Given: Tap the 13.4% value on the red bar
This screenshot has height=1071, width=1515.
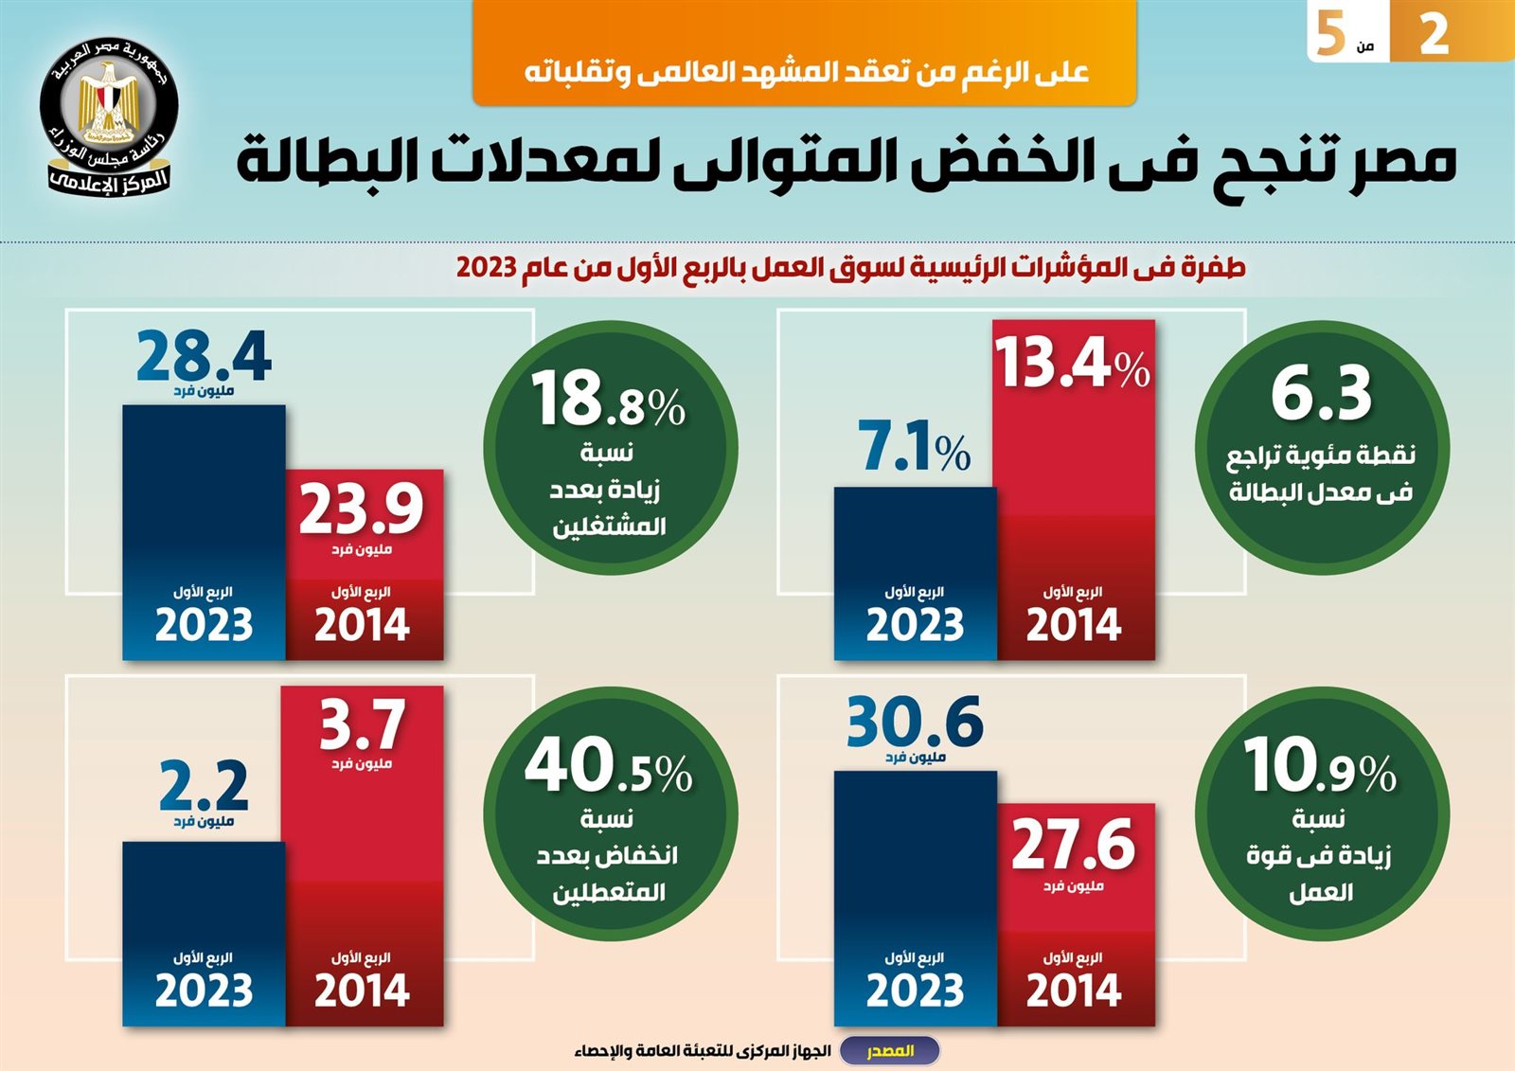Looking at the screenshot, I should point(1072,363).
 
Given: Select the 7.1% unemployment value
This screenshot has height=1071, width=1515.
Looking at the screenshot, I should point(914,446).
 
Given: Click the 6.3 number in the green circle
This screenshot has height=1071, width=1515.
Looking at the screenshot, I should point(1321,393).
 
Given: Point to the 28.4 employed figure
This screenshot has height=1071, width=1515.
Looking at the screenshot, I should point(204,356).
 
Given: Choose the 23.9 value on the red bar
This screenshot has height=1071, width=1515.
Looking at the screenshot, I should point(362,509).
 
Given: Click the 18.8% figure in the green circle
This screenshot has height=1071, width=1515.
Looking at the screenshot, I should point(608,399).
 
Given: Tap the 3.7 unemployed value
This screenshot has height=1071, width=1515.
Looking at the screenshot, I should point(362,724).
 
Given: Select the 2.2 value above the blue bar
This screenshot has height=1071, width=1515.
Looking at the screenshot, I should point(204,785).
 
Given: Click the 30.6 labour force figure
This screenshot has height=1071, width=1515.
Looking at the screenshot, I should point(915,723).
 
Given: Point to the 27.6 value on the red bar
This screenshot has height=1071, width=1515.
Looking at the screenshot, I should point(1073,844).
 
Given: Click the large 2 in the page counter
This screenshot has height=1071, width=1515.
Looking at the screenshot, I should point(1434,34).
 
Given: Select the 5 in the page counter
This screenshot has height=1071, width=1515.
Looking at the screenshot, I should point(1330,34).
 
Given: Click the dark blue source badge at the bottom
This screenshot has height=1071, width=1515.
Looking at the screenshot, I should point(890,1051).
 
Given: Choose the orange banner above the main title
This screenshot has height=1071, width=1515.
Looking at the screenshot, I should point(805,53).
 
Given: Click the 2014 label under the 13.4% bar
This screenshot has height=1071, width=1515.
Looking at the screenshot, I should point(1073,625).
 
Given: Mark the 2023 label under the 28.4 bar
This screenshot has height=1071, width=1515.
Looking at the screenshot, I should point(204,625).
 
